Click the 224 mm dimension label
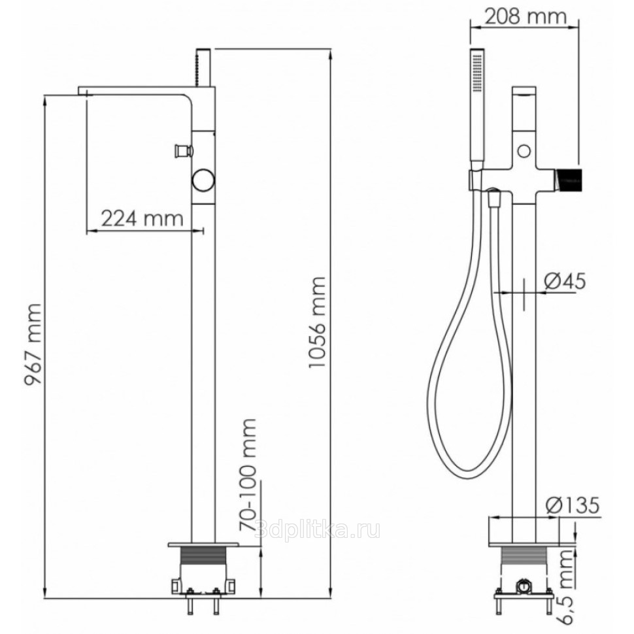coord(142,219)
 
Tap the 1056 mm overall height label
coord(316,322)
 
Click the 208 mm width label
coord(526,16)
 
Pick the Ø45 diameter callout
coord(565,280)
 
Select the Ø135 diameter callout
coord(572,505)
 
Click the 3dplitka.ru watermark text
coord(318,529)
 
